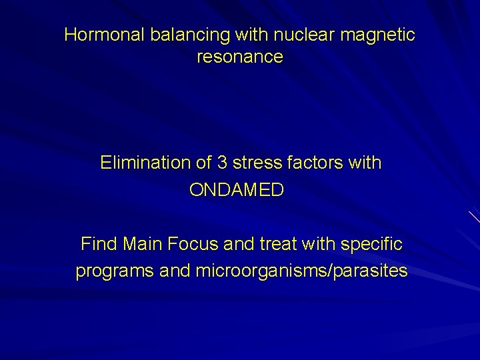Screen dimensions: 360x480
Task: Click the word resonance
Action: coord(240,57)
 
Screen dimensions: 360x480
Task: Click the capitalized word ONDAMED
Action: coord(237,190)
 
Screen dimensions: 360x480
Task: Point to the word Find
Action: coord(98,244)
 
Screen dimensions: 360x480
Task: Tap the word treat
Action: coord(275,244)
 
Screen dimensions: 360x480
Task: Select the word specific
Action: coord(371,244)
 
